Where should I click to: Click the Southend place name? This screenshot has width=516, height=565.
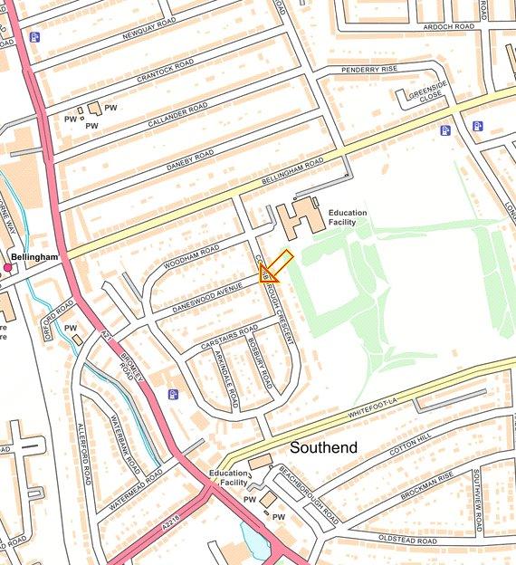323,447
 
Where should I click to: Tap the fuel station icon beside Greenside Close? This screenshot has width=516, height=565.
444,130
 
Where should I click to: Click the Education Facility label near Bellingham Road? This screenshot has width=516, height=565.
348,218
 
